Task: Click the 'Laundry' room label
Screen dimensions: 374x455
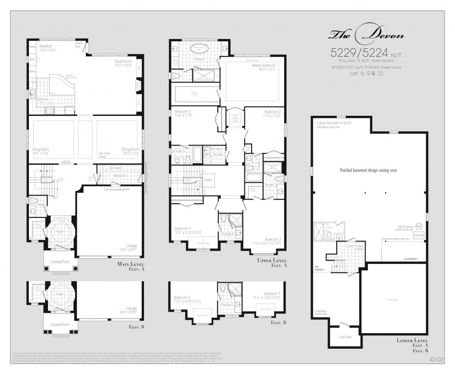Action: (x=217, y=154)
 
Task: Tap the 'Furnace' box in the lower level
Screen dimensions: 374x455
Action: (x=418, y=235)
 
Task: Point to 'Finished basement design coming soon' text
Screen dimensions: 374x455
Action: (x=368, y=170)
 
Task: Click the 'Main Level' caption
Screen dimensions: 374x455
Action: (x=131, y=265)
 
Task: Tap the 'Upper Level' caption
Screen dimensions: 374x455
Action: (x=272, y=260)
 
